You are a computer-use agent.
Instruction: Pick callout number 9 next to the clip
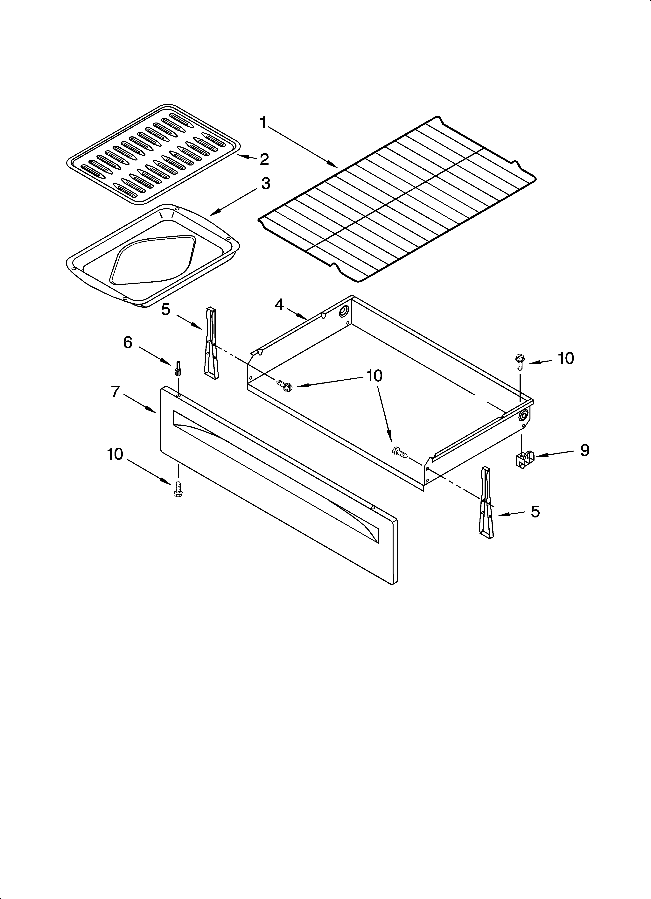(x=585, y=450)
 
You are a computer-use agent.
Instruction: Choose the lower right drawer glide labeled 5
(x=486, y=503)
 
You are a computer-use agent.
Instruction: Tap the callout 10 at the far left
(x=115, y=454)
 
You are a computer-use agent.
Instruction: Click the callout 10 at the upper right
(x=566, y=358)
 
